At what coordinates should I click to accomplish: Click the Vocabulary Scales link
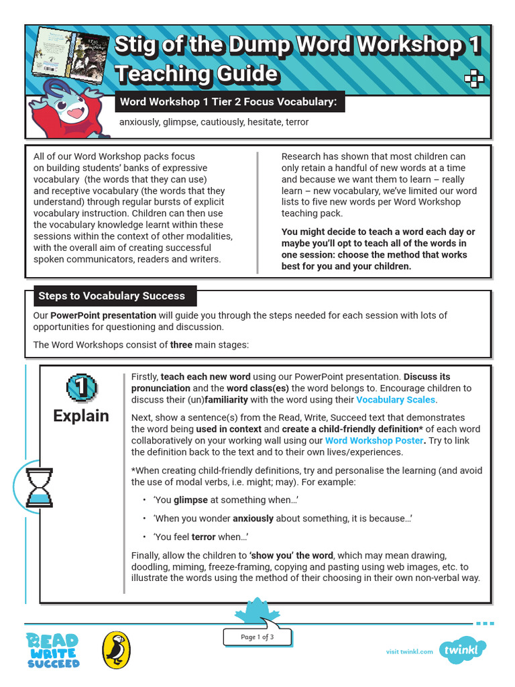coord(396,400)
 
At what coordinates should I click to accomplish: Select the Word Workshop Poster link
coord(374,441)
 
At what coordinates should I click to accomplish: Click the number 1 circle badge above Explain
coord(81,387)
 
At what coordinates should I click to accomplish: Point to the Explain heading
coord(81,415)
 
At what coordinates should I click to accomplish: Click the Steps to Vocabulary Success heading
coord(111,296)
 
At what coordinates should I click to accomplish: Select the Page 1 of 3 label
coord(257,637)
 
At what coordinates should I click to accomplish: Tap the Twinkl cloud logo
coord(463,650)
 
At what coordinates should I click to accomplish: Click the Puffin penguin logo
coord(116,650)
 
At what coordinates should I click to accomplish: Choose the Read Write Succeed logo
coord(53,650)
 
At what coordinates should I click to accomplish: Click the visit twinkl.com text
coord(410,651)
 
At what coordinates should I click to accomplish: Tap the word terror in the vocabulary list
coord(297,122)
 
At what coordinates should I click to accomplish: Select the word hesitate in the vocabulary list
coord(264,122)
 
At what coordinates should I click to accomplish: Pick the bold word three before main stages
coord(181,345)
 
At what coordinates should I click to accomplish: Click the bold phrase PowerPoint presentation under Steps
coord(103,315)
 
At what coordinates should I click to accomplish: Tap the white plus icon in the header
coord(474,80)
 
